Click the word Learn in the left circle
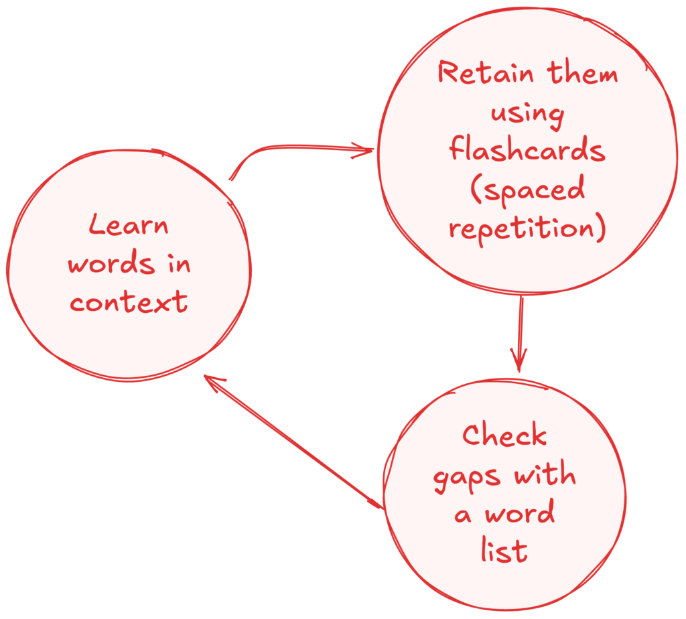click(x=129, y=225)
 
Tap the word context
click(x=129, y=303)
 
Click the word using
click(x=527, y=113)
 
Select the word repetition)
click(x=528, y=229)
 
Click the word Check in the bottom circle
click(x=504, y=436)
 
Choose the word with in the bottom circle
click(x=544, y=475)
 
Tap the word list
click(x=504, y=551)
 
